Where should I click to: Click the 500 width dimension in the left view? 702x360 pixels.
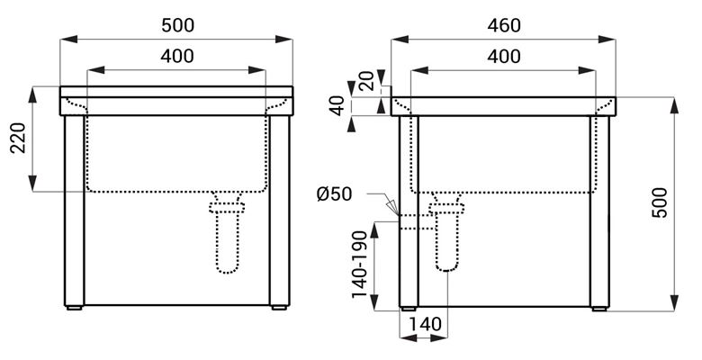tap(177, 25)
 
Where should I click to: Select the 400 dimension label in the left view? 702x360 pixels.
tap(177, 57)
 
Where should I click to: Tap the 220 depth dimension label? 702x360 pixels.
tap(18, 138)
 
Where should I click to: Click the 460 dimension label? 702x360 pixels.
tap(504, 25)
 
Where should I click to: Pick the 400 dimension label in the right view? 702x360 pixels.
tap(504, 57)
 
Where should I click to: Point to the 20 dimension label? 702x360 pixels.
tap(366, 81)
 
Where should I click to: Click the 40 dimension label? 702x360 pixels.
tap(337, 105)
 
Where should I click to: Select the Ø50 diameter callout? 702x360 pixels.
tap(335, 194)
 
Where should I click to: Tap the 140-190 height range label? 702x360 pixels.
tap(359, 265)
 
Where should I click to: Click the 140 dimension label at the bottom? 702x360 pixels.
tap(425, 324)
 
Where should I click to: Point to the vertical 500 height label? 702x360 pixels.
tap(659, 202)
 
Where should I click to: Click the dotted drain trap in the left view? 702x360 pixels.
tap(228, 233)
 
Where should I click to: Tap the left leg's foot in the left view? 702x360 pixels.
tap(74, 308)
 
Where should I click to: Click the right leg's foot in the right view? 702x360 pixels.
tap(599, 309)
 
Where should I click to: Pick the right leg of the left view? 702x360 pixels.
tap(280, 211)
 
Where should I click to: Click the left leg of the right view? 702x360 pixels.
tap(409, 211)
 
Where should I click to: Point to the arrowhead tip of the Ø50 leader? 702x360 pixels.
tap(398, 215)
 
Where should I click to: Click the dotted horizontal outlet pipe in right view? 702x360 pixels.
tap(417, 222)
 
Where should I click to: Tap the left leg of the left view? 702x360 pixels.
tap(75, 211)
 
